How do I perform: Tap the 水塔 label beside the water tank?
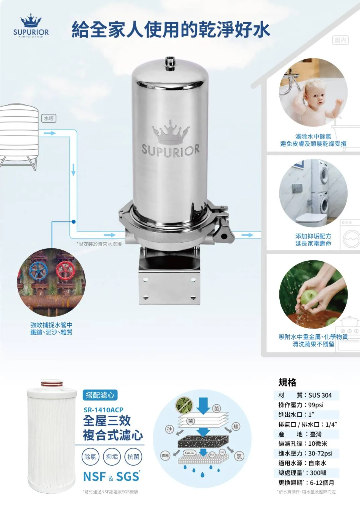pos(49,118)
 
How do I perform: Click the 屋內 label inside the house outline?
pos(341,40)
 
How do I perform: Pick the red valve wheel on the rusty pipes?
pos(65,270)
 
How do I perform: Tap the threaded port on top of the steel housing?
pos(170,63)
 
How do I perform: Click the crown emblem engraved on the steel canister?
pos(170,133)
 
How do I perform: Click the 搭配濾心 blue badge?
pos(100,395)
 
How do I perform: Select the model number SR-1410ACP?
pos(103,410)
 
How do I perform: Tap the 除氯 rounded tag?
pos(90,456)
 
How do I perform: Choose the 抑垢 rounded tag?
pos(112,456)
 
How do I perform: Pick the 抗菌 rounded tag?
pos(133,456)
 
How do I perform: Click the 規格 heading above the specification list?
pos(287,382)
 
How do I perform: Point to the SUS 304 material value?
pos(320,395)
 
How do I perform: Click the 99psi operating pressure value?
pos(316,405)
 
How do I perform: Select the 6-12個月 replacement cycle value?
pos(322,483)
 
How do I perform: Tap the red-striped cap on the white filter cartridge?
pos(52,384)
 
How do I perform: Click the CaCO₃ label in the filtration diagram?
pos(190,453)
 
